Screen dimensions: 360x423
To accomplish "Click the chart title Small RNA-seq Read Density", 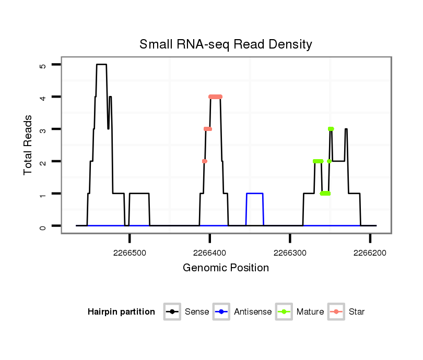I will (x=226, y=44).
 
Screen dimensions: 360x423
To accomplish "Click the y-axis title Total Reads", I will (x=28, y=145).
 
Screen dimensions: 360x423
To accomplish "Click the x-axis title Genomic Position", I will (x=226, y=268).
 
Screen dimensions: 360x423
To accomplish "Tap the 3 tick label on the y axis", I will (x=43, y=129).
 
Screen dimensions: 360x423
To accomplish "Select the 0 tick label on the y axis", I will (x=43, y=226).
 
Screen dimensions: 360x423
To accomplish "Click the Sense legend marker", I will (x=172, y=312).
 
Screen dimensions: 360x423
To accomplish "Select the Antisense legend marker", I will (x=221, y=312).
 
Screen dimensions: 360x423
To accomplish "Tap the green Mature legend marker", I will (x=284, y=312).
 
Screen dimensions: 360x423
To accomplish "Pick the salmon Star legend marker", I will (x=336, y=312).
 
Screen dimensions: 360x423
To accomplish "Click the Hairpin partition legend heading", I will (x=121, y=312).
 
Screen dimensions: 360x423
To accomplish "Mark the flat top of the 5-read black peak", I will (x=101, y=65).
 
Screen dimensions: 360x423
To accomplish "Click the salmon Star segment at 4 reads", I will (x=215, y=97).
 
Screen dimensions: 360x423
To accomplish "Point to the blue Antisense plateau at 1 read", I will (x=254, y=194).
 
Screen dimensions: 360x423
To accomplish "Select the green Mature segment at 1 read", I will (x=325, y=194).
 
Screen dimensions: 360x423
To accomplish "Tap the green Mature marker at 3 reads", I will (x=331, y=129).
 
